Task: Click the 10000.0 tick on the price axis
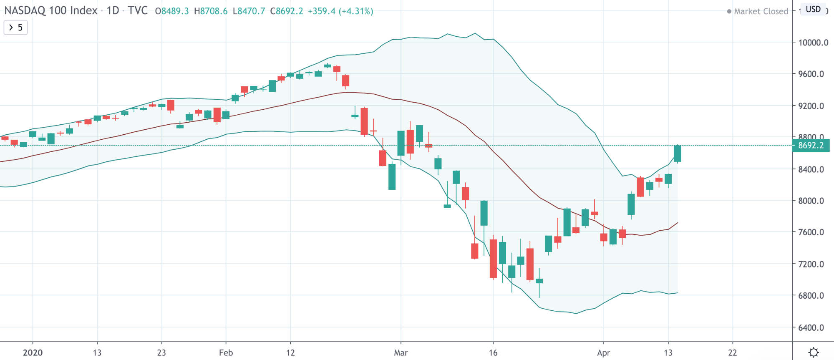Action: pyautogui.click(x=813, y=43)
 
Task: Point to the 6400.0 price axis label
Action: pyautogui.click(x=811, y=327)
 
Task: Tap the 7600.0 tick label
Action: pyautogui.click(x=811, y=232)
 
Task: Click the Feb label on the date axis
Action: pyautogui.click(x=226, y=353)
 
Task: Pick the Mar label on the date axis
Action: pyautogui.click(x=401, y=353)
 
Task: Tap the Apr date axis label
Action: pyautogui.click(x=603, y=353)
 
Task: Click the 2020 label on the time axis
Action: pyautogui.click(x=33, y=353)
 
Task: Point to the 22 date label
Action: pyautogui.click(x=733, y=353)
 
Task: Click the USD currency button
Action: pyautogui.click(x=813, y=9)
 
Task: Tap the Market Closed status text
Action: pyautogui.click(x=761, y=11)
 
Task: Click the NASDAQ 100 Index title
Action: pyautogui.click(x=51, y=10)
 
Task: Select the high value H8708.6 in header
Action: pyautogui.click(x=211, y=11)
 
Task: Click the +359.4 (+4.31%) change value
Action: pyautogui.click(x=340, y=11)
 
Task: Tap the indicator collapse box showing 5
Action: pyautogui.click(x=16, y=28)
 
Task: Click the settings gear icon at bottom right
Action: pyautogui.click(x=814, y=352)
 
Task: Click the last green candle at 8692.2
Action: pyautogui.click(x=678, y=154)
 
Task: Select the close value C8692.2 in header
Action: pyautogui.click(x=287, y=11)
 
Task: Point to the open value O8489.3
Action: pyautogui.click(x=172, y=11)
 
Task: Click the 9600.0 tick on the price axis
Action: pyautogui.click(x=811, y=74)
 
